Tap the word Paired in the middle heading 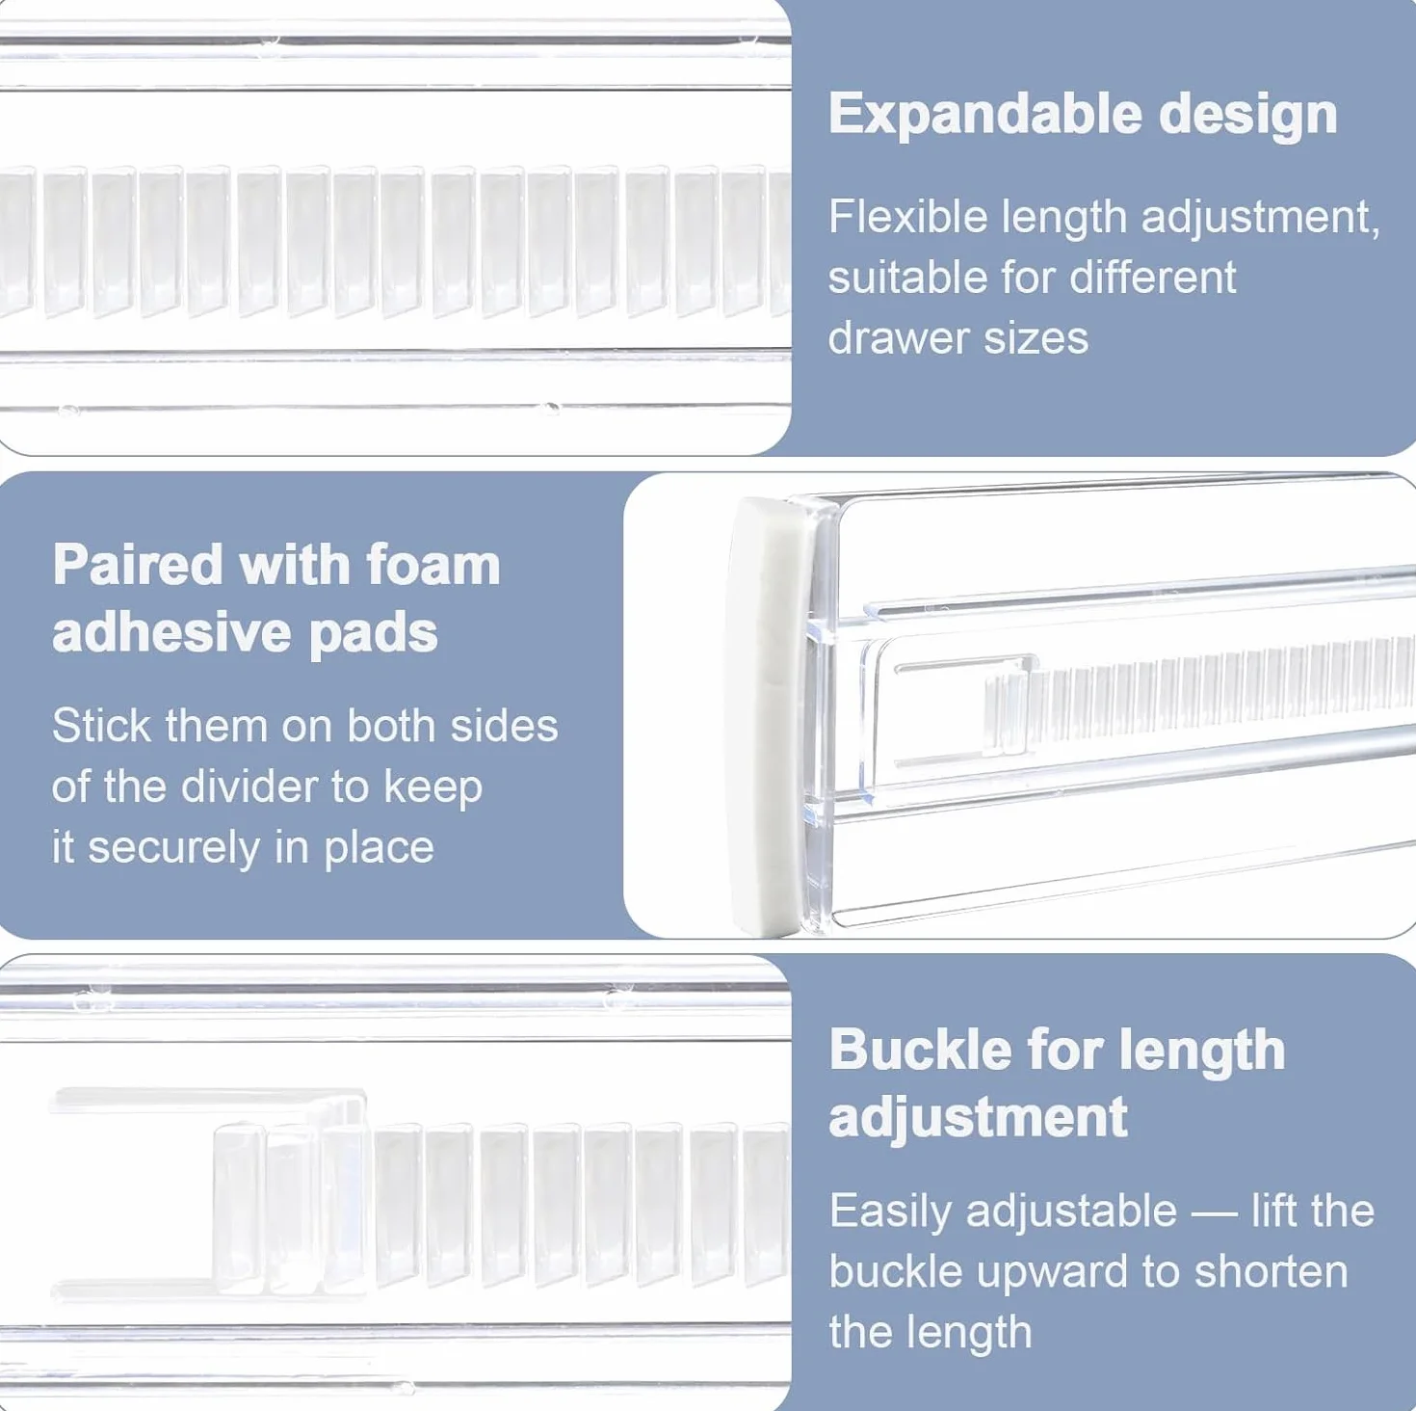(x=138, y=565)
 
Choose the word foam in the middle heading (x=433, y=565)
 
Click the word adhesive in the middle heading (x=171, y=632)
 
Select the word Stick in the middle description (x=101, y=726)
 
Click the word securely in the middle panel (x=174, y=848)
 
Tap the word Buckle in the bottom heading (x=919, y=1050)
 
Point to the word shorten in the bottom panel (x=1272, y=1272)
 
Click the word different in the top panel (x=1153, y=278)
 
